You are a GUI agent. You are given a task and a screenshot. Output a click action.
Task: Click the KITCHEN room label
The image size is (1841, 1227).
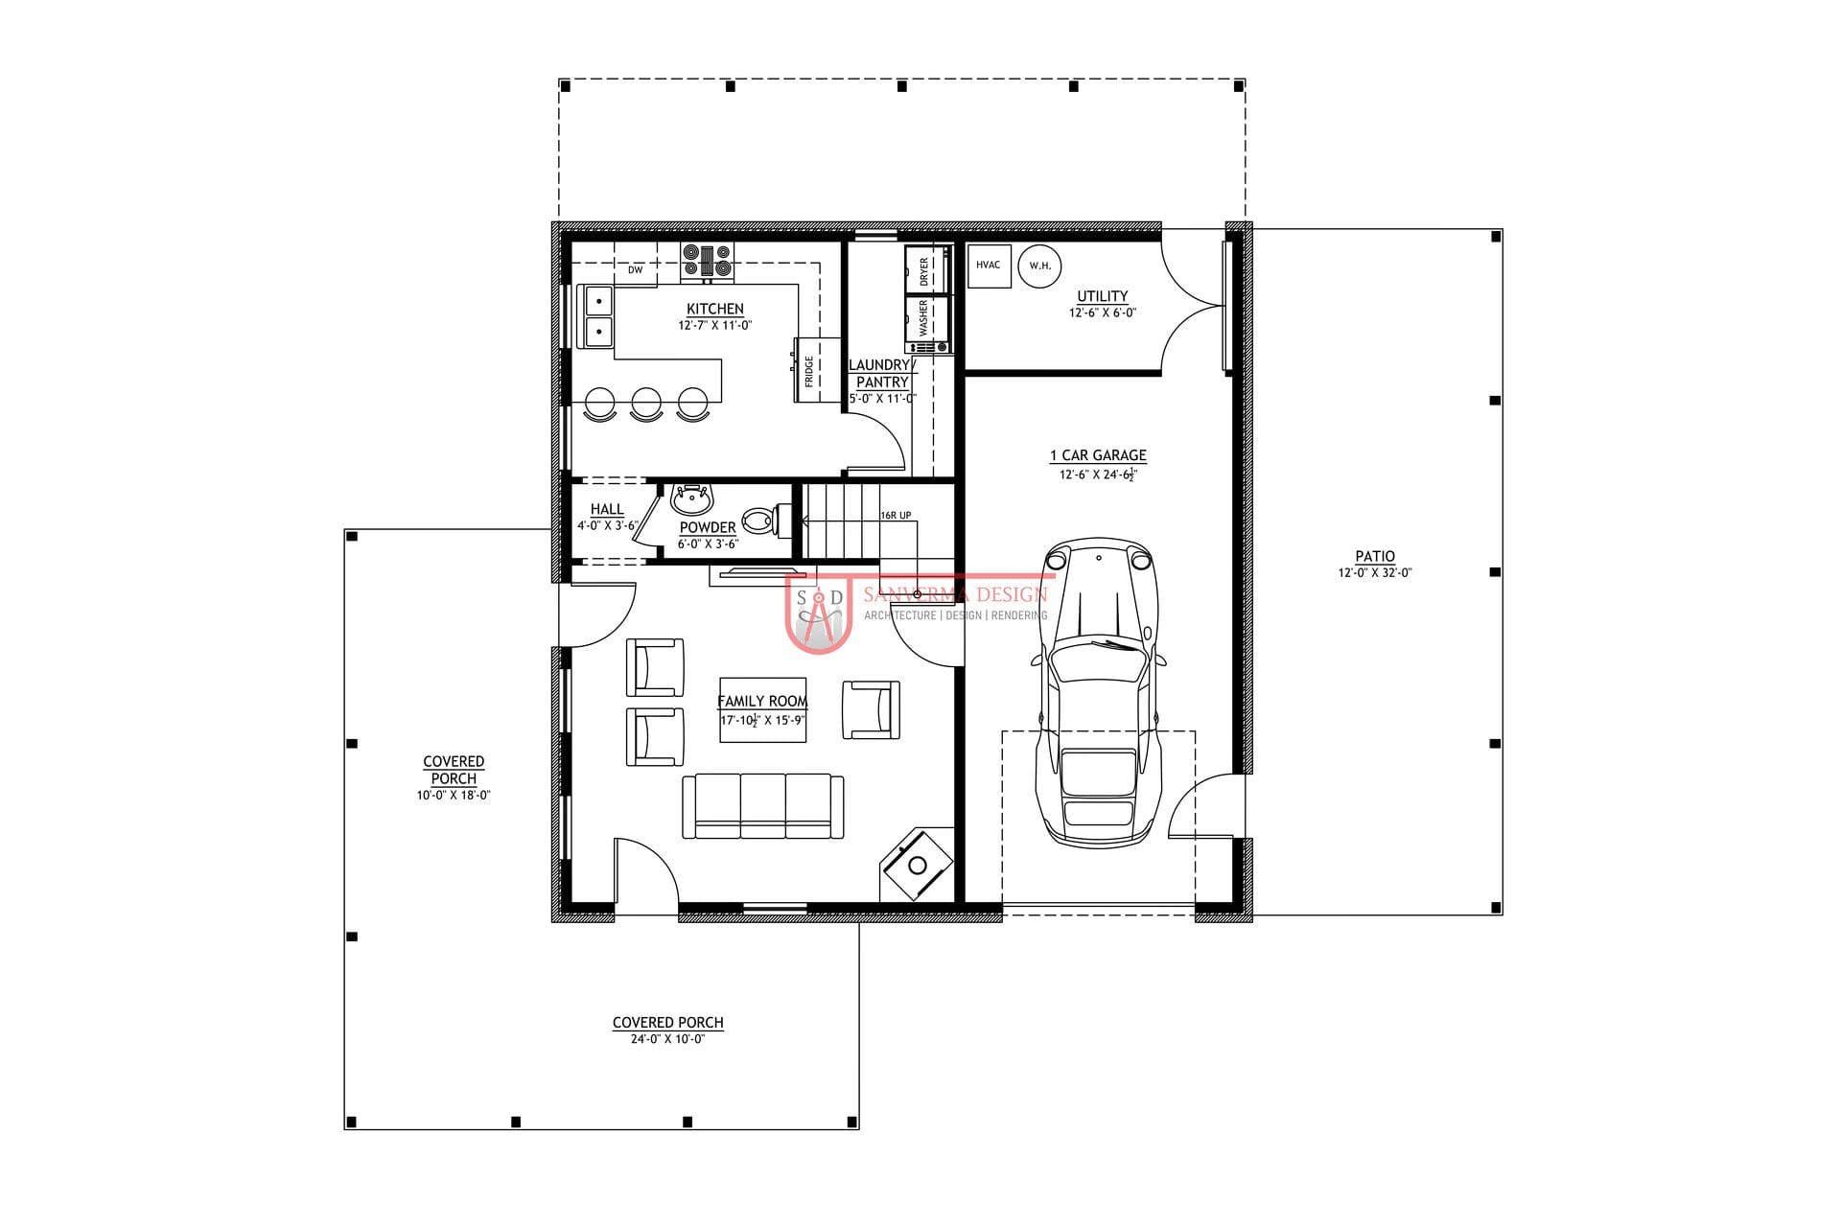714,309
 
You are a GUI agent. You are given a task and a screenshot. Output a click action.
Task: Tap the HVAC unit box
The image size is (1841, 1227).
989,266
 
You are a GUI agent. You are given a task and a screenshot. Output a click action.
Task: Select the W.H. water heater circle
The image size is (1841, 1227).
1039,266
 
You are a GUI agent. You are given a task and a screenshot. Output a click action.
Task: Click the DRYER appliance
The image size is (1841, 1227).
926,269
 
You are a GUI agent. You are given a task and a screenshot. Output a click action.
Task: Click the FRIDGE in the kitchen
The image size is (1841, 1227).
807,370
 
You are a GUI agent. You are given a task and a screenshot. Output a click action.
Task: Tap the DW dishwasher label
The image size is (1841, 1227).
635,270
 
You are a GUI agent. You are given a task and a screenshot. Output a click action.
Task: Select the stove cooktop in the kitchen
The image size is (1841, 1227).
708,261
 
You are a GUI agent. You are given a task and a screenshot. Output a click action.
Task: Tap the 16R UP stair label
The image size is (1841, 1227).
896,516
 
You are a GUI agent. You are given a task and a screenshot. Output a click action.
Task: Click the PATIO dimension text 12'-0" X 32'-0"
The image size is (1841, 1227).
1375,573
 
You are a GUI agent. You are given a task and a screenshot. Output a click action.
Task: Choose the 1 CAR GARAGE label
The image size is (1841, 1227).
1098,455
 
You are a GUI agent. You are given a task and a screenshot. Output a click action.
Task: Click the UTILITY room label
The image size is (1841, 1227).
1103,296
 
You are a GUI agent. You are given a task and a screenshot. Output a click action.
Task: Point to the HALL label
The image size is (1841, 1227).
607,509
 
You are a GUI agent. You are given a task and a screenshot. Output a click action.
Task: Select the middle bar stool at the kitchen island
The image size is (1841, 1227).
646,404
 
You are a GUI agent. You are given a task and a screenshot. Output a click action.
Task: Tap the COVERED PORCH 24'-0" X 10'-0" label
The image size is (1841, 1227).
668,1030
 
